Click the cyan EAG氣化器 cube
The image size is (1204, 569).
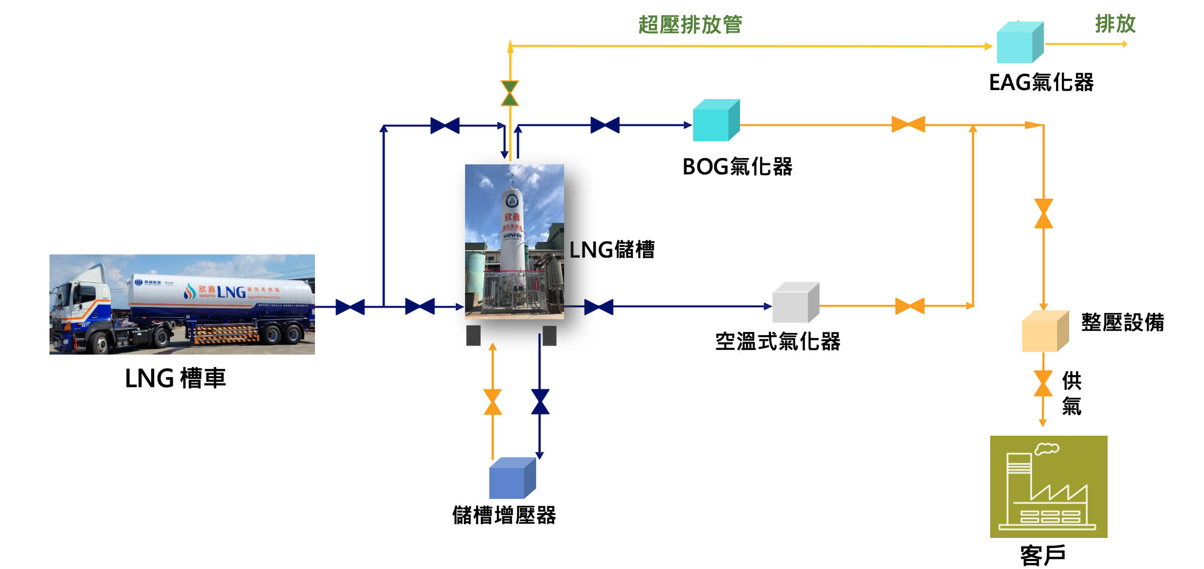click(x=1019, y=43)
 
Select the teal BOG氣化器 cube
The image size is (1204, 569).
click(x=715, y=121)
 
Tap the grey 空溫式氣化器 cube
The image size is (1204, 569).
click(x=795, y=303)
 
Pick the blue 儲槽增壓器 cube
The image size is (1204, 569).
click(x=511, y=478)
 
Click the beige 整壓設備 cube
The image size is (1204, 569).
click(x=1044, y=332)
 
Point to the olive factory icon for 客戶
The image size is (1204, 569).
click(x=1048, y=486)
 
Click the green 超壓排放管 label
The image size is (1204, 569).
click(x=690, y=25)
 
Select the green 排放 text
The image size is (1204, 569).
click(x=1115, y=24)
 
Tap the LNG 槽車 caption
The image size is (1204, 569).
click(x=175, y=378)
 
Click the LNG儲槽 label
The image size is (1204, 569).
click(x=612, y=250)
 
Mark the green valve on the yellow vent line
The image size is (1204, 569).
click(x=510, y=93)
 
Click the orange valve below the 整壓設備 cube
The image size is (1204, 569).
click(x=1043, y=383)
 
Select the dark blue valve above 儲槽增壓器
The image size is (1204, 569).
click(x=540, y=401)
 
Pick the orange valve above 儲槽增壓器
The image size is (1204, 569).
click(x=492, y=401)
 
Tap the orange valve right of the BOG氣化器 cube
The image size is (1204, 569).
click(x=908, y=124)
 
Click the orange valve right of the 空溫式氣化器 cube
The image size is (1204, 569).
click(x=910, y=306)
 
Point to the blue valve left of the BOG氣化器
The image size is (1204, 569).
click(x=605, y=125)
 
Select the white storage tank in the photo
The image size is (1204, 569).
click(x=511, y=232)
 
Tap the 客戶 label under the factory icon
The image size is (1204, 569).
click(x=1043, y=555)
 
